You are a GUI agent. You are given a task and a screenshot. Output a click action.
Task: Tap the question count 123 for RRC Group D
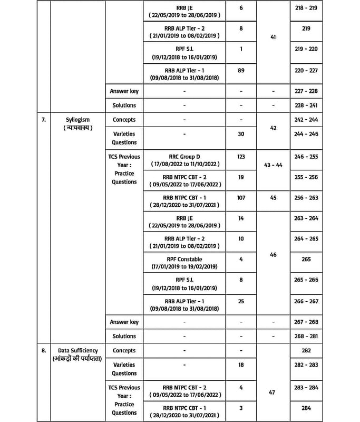tap(241, 157)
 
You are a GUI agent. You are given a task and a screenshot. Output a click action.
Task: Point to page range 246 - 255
tap(306, 157)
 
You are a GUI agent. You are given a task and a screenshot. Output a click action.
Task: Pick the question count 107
tap(241, 197)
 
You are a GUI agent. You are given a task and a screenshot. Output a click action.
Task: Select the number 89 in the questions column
tap(241, 70)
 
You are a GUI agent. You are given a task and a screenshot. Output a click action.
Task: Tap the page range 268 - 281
tap(306, 336)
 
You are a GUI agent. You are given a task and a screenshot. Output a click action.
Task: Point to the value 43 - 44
tap(272, 165)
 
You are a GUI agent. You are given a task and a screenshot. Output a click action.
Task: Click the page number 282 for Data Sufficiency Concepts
tap(306, 350)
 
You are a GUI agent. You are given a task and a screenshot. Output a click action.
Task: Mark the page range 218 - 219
tap(306, 9)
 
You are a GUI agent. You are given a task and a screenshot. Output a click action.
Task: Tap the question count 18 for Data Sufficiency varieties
tap(241, 365)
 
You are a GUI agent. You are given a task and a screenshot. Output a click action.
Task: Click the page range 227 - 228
tap(306, 91)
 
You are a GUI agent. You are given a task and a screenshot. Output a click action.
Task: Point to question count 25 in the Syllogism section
tap(241, 300)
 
